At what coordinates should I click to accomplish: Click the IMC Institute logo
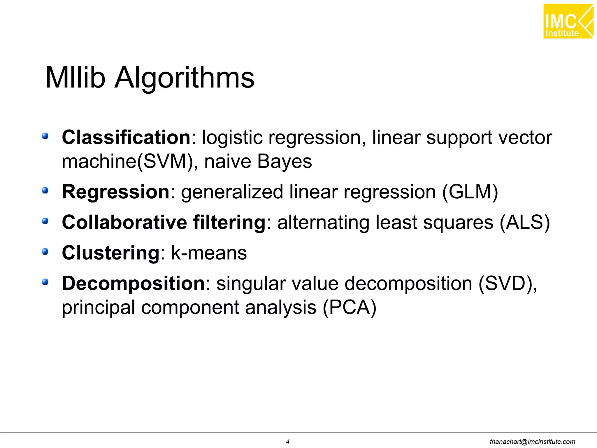pyautogui.click(x=568, y=21)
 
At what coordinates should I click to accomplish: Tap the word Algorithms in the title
pyautogui.click(x=185, y=78)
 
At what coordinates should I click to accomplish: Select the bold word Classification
pyautogui.click(x=126, y=137)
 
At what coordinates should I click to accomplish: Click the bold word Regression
pyautogui.click(x=116, y=192)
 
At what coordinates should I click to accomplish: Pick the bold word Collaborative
pyautogui.click(x=124, y=222)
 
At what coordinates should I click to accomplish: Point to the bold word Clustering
pyautogui.click(x=111, y=253)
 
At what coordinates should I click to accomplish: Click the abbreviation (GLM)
pyautogui.click(x=470, y=192)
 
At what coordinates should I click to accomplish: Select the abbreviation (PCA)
pyautogui.click(x=350, y=307)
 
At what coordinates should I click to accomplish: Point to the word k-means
pyautogui.click(x=209, y=253)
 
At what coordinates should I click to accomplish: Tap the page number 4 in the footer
pyautogui.click(x=288, y=442)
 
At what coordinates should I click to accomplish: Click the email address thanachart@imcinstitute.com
pyautogui.click(x=532, y=442)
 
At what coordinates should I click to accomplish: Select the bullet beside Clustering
pyautogui.click(x=45, y=251)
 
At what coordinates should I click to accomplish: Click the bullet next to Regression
pyautogui.click(x=45, y=190)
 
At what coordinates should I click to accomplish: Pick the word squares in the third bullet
pyautogui.click(x=458, y=223)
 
